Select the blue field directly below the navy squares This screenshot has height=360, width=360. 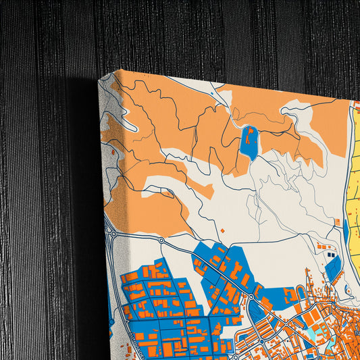click(x=334, y=269)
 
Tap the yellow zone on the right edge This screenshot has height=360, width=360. click(x=354, y=176)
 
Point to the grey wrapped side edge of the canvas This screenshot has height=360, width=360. click(x=104, y=203)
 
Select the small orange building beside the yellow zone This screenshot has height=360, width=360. click(x=337, y=222)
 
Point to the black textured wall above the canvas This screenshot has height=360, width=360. click(x=203, y=34)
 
